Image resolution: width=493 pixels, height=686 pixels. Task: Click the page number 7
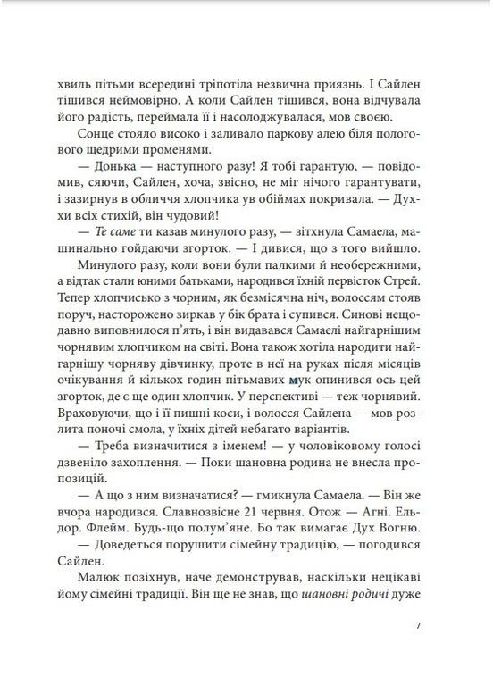pos(419,625)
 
